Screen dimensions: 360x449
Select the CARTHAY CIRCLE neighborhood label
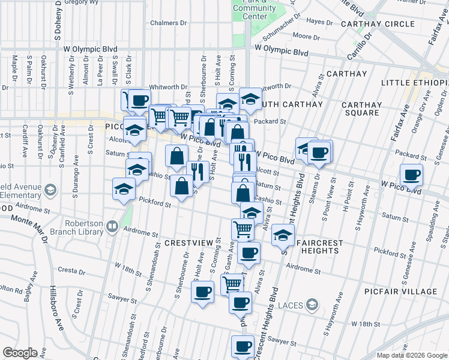[x=378, y=24]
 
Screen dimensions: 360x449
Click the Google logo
[x=20, y=353]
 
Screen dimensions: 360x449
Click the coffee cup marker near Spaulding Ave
[x=412, y=175]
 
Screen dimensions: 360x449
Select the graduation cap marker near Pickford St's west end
[x=124, y=189]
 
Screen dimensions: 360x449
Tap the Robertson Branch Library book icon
[x=112, y=227]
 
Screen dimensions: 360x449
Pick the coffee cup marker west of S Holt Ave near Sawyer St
[x=202, y=292]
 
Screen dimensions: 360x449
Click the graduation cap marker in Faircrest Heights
[x=283, y=235]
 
